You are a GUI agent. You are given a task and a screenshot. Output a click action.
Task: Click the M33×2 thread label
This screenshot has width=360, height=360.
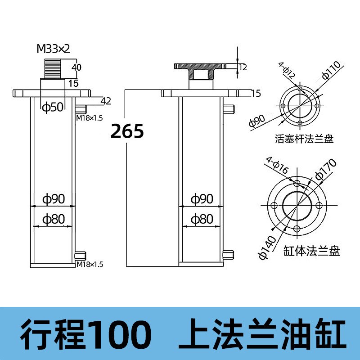click(x=53, y=49)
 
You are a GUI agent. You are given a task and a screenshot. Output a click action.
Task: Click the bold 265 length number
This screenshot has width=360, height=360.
click(x=127, y=131)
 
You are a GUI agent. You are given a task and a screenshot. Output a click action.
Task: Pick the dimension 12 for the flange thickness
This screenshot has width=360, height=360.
click(x=243, y=67)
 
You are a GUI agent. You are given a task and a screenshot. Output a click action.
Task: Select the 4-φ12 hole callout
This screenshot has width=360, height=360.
click(x=286, y=72)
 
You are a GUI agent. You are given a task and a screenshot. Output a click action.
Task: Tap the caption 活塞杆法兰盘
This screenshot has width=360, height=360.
click(x=304, y=139)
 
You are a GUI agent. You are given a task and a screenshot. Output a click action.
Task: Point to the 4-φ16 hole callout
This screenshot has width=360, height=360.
click(x=276, y=166)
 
